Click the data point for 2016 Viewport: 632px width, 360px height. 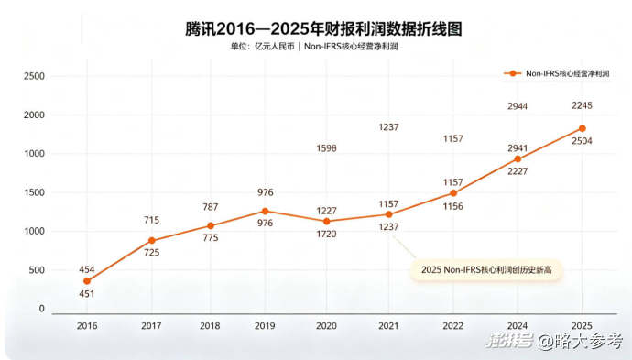[x=87, y=281]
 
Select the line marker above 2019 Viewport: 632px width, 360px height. [x=265, y=212]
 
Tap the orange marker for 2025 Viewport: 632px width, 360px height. [x=582, y=128]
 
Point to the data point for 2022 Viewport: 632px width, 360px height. [x=453, y=193]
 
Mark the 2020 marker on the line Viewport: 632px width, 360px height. [x=326, y=222]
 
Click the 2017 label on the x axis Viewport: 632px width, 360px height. [x=151, y=326]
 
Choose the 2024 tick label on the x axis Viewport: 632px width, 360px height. [x=518, y=326]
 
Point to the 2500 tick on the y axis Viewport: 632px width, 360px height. [x=34, y=76]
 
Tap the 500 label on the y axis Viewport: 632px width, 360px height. [x=37, y=270]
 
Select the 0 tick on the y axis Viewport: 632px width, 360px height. [x=42, y=309]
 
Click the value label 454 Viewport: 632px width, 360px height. [x=87, y=269]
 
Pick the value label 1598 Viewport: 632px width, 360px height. [x=326, y=148]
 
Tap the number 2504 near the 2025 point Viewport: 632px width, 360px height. [x=582, y=141]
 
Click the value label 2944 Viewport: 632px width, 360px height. [x=518, y=106]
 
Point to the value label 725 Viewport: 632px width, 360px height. [x=151, y=253]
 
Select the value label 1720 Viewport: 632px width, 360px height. [x=326, y=234]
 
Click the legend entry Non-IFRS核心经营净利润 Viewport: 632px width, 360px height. [x=557, y=74]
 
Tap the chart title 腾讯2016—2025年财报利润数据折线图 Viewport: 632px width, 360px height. [x=323, y=29]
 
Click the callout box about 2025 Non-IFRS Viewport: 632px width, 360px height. [x=486, y=269]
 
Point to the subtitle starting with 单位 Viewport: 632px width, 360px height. [x=314, y=47]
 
